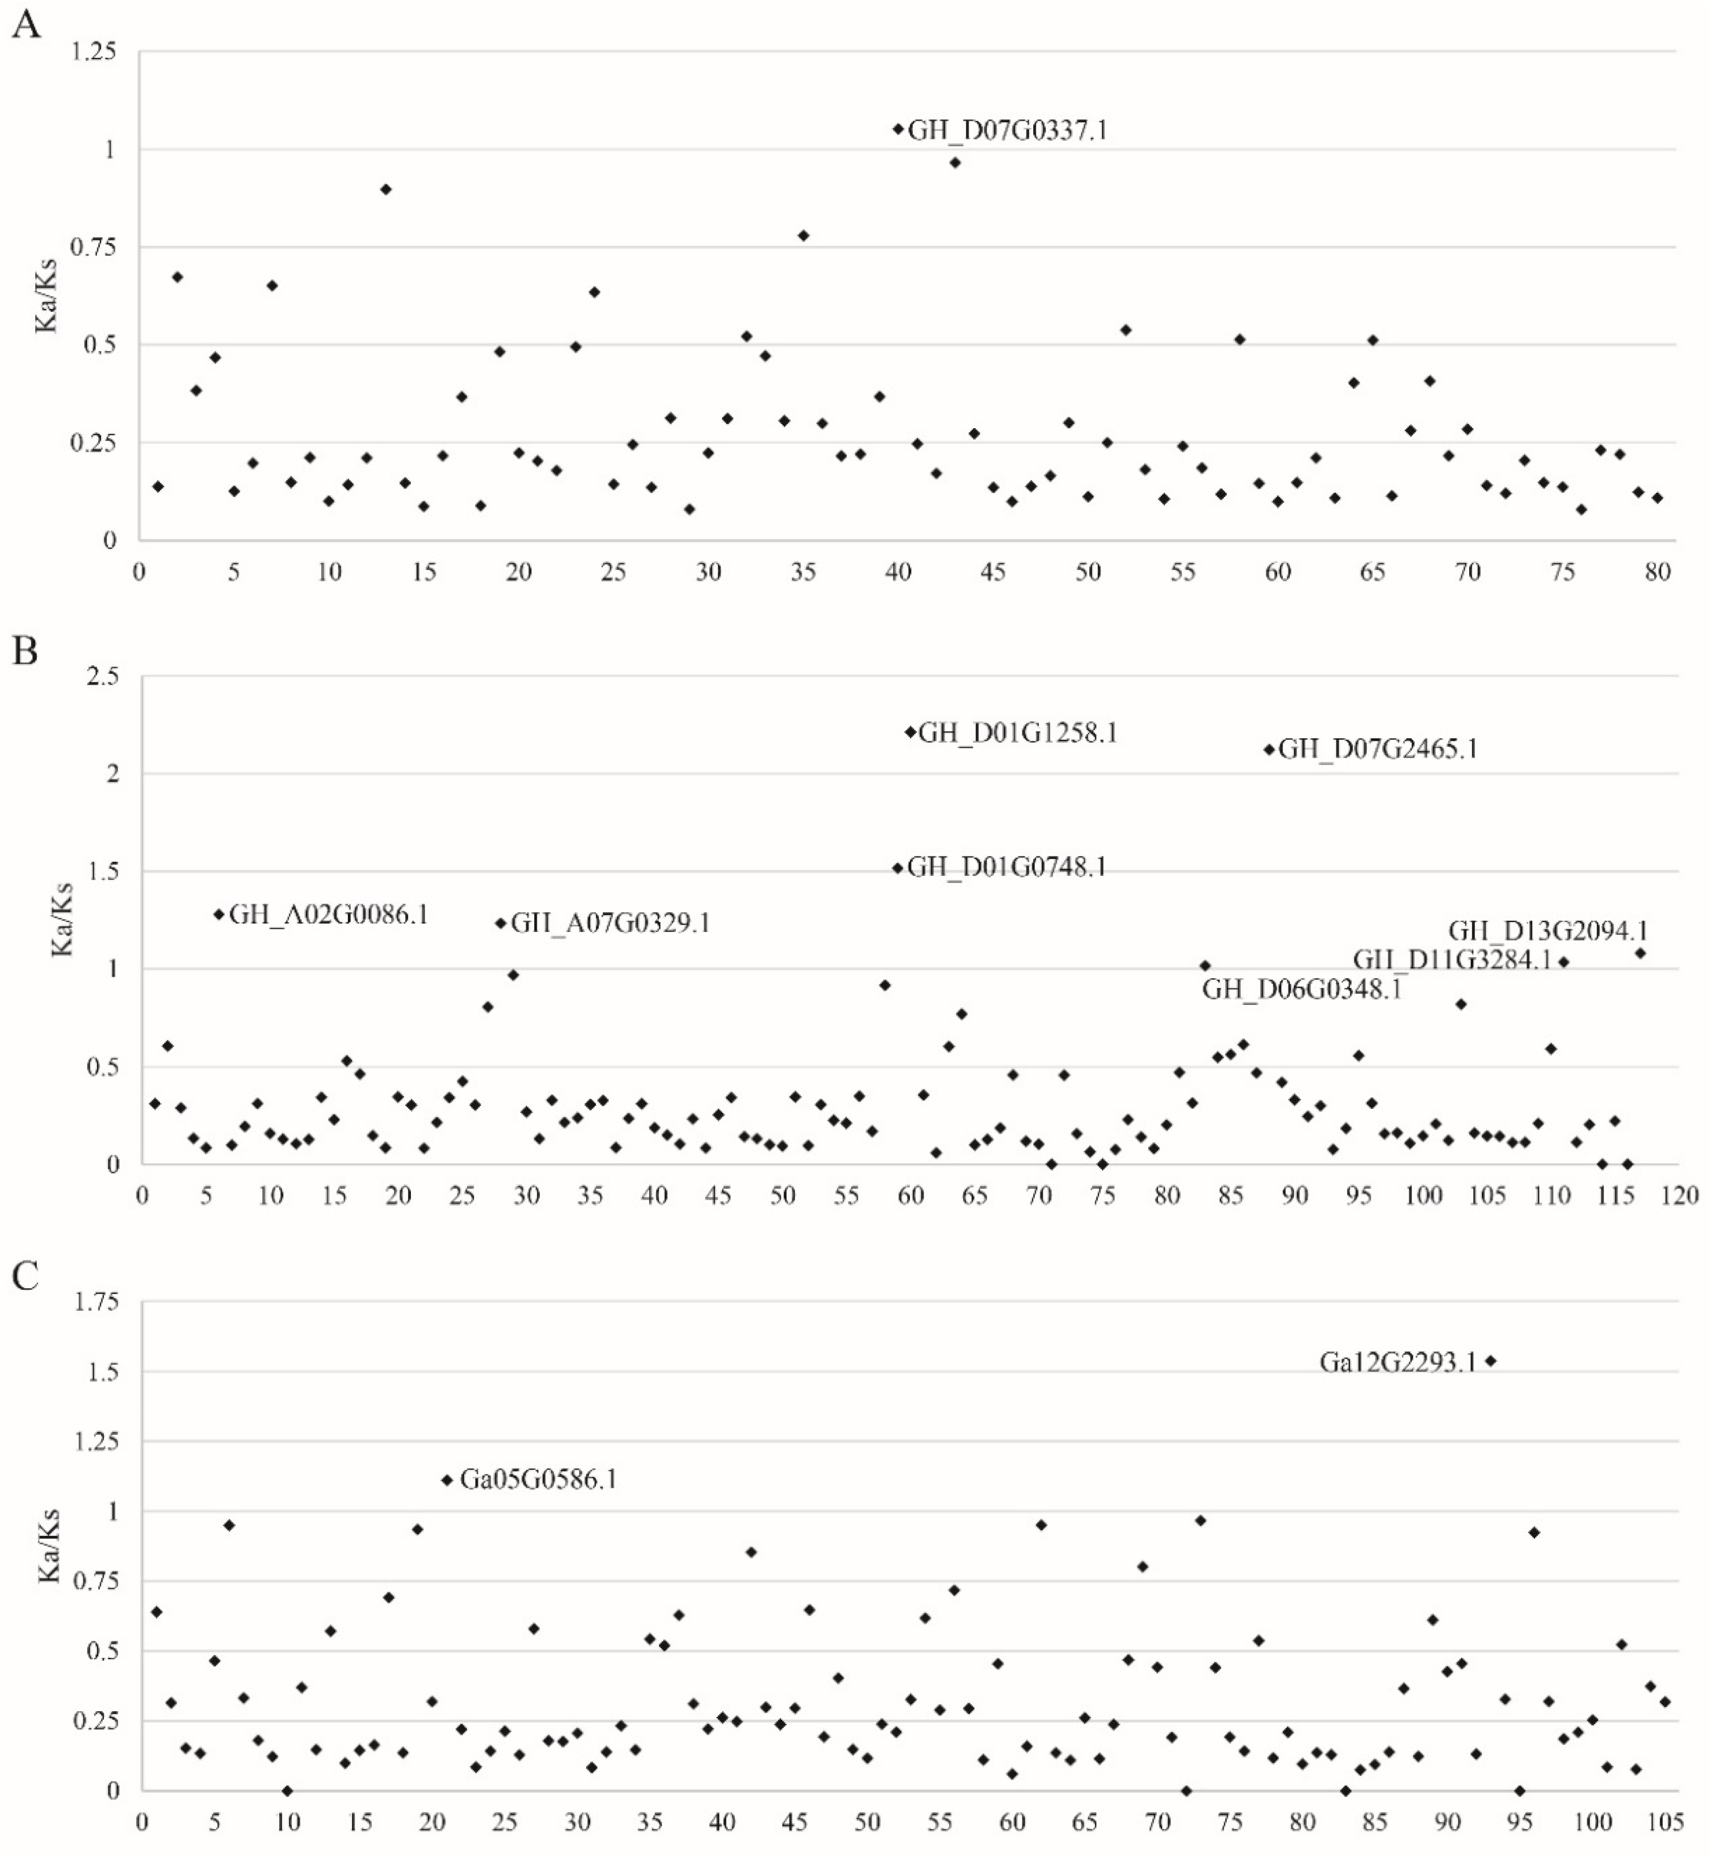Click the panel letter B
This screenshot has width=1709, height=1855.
25,651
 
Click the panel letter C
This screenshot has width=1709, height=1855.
25,1276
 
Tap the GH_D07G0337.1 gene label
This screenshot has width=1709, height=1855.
1006,130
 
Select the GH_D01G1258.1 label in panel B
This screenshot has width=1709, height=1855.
1017,733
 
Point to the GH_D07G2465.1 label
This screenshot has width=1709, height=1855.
1377,749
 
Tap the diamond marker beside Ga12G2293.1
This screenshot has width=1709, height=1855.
1491,1360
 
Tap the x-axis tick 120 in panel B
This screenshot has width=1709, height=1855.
1680,1196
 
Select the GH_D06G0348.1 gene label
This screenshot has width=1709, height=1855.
1301,990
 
